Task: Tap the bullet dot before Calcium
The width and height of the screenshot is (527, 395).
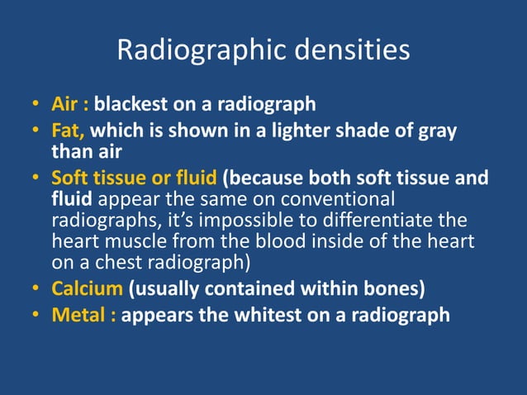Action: pyautogui.click(x=36, y=291)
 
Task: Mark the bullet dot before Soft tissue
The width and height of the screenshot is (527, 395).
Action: pyautogui.click(x=36, y=178)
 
